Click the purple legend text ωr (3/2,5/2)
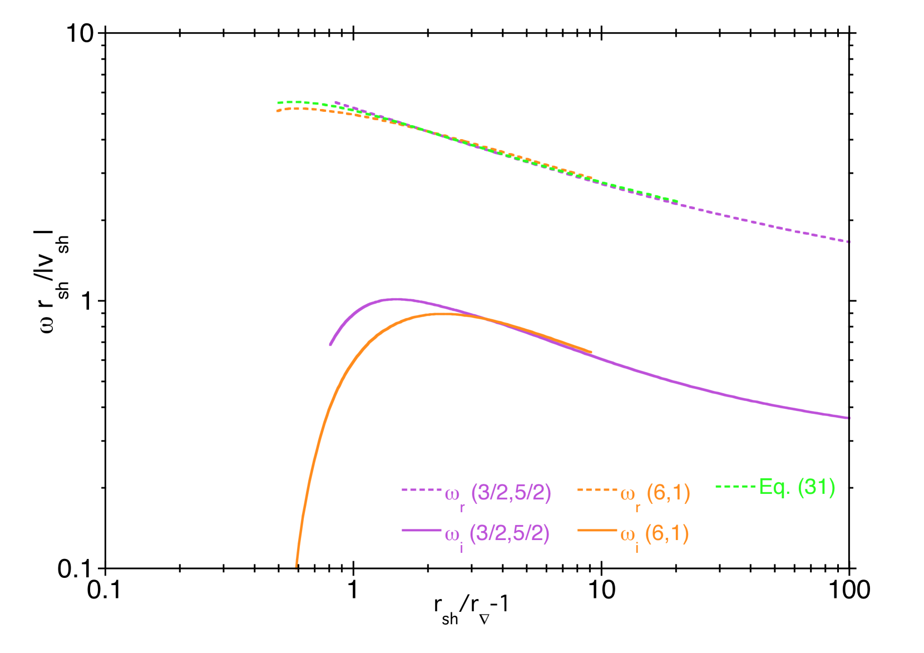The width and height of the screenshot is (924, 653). pos(498,493)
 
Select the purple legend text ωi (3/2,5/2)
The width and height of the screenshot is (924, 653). pos(497,535)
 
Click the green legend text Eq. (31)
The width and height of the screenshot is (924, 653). pos(797,487)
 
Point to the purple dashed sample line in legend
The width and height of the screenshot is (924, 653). pos(421,490)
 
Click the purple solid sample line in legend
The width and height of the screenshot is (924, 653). pos(421,531)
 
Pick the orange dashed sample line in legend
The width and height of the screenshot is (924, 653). pos(597,490)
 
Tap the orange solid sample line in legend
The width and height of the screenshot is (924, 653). pos(597,531)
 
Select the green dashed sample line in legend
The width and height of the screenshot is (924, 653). pos(735,487)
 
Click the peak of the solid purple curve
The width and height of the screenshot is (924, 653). pos(396,299)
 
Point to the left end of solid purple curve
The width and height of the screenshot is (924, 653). pos(330,345)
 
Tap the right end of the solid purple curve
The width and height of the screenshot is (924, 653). pos(849,418)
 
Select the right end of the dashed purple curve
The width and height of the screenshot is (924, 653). pos(849,242)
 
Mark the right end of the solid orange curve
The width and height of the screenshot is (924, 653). pos(591,352)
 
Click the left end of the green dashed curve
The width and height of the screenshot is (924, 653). pos(278,103)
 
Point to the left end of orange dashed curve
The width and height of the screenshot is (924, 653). pos(277,111)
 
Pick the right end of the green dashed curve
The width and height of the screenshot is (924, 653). pos(677,201)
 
